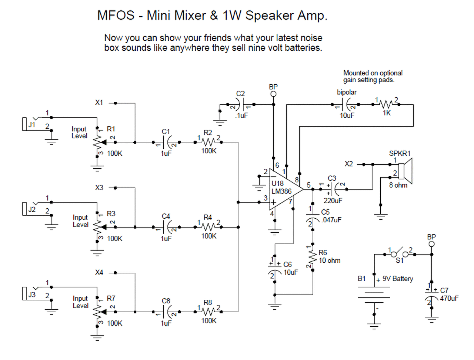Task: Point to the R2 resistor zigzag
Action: tap(208, 142)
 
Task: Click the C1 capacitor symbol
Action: tap(166, 142)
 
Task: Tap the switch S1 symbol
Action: tap(400, 254)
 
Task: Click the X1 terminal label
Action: tap(99, 102)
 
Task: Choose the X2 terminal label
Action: tap(348, 164)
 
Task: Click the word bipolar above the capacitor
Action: tap(347, 92)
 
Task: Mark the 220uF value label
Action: tap(333, 201)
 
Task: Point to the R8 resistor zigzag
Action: tap(208, 312)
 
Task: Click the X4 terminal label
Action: tap(99, 272)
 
